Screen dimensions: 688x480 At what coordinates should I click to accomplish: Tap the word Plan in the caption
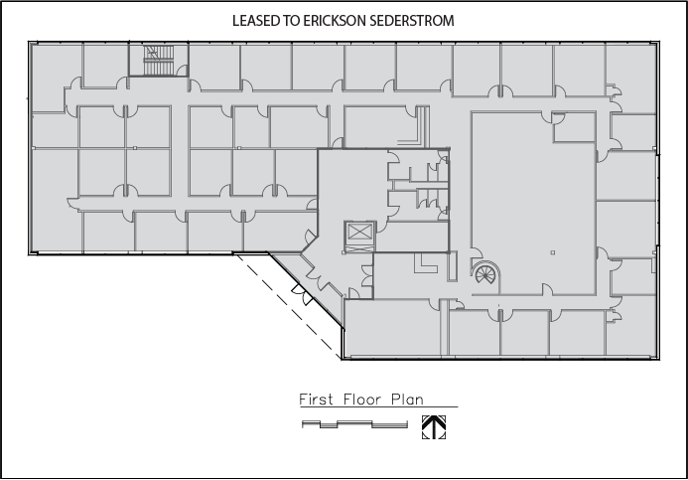(x=408, y=400)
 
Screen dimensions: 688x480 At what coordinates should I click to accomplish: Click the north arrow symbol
(x=434, y=427)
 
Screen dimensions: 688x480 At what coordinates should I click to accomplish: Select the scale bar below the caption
(x=354, y=424)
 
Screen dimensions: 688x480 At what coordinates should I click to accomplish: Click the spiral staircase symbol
(x=485, y=273)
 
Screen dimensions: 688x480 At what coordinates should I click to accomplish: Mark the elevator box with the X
(x=359, y=232)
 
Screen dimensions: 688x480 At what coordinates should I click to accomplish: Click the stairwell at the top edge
(x=159, y=60)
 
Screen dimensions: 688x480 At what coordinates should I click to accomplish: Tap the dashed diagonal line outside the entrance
(x=288, y=306)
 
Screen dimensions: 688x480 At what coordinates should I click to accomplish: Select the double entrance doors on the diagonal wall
(x=303, y=293)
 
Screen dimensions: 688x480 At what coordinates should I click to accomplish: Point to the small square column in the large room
(x=553, y=252)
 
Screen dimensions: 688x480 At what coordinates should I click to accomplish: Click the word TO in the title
(x=292, y=21)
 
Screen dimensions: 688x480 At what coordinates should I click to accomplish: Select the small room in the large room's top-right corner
(x=574, y=127)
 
